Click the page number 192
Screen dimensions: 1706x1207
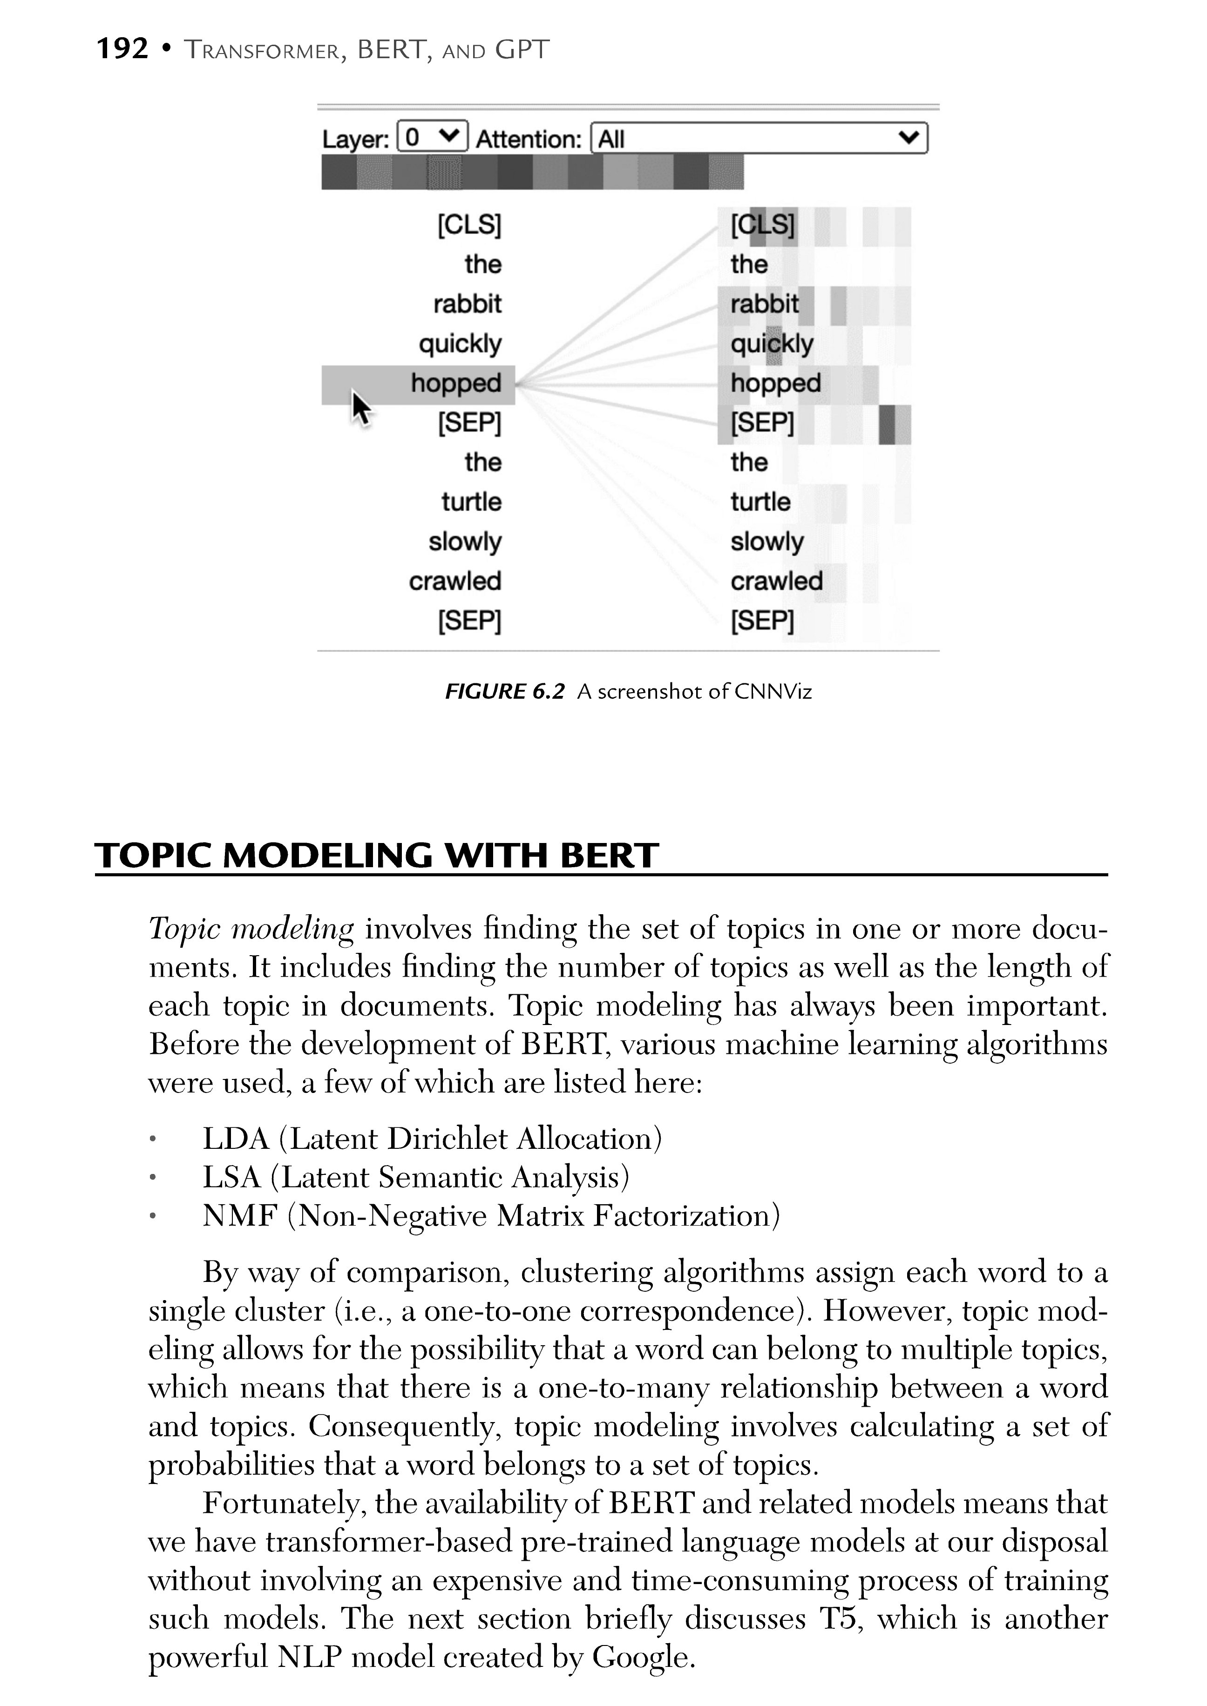point(122,49)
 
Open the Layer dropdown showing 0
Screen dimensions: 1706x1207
point(433,137)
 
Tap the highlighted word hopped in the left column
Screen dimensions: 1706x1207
point(455,384)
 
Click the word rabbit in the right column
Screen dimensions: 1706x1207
point(764,304)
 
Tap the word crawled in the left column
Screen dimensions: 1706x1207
point(455,581)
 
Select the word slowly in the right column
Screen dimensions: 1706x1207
point(766,542)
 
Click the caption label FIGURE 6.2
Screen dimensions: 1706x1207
point(505,692)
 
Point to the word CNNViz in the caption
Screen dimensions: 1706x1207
point(773,692)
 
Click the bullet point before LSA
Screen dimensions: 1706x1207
point(152,1179)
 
